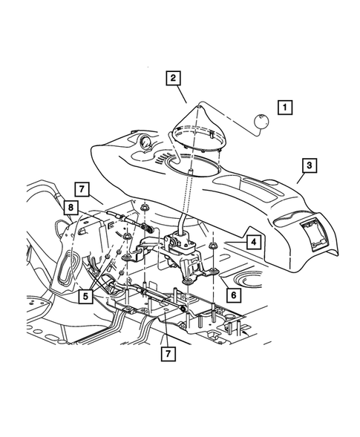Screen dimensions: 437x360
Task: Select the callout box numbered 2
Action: (173, 77)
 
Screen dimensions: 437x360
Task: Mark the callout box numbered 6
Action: (232, 294)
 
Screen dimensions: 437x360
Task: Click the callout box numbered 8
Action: (69, 208)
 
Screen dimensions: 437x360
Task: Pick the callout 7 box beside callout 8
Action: (82, 188)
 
